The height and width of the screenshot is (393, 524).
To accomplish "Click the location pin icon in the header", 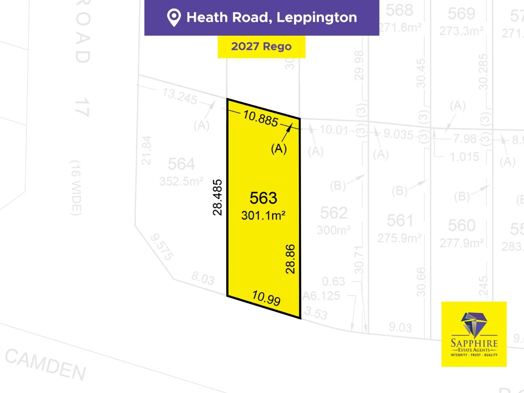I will (x=174, y=17).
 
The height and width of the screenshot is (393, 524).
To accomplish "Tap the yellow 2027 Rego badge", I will (x=261, y=47).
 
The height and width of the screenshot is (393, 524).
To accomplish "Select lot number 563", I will (x=263, y=198).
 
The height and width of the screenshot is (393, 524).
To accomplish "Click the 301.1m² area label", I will (x=263, y=215).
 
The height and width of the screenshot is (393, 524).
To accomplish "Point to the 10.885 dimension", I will (x=261, y=118).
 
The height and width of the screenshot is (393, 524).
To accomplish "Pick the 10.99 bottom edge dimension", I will (x=266, y=298).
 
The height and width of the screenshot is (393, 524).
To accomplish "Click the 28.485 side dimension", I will (x=217, y=197).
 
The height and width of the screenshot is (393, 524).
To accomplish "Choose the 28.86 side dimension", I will (x=290, y=259).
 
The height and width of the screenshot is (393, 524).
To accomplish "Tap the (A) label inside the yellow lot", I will (x=279, y=148).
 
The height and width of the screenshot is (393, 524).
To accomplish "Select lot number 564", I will (x=181, y=164).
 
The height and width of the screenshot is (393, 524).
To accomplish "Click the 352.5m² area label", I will (x=181, y=181).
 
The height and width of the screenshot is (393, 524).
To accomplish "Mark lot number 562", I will (x=334, y=213).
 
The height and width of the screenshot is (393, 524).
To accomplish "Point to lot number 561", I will (x=400, y=221).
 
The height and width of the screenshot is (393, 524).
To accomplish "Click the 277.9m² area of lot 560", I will (x=461, y=243).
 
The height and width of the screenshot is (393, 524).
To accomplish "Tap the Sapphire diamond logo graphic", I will (x=474, y=324).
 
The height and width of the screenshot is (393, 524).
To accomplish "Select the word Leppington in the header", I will (x=317, y=17).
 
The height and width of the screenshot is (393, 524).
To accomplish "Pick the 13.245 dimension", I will (x=180, y=96).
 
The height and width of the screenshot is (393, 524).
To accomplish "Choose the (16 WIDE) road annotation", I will (x=75, y=188).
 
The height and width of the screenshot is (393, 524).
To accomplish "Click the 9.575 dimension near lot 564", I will (x=162, y=247).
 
